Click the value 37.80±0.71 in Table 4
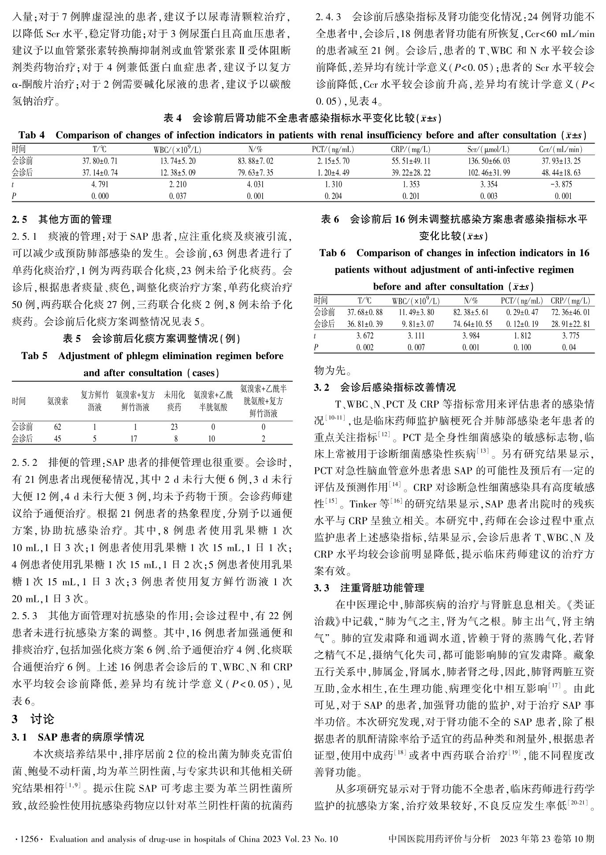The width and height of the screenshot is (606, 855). [x=100, y=161]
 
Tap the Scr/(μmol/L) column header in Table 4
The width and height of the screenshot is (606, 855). [x=488, y=150]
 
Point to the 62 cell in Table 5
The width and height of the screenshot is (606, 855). [x=57, y=427]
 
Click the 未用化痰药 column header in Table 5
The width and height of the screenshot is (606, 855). [x=174, y=401]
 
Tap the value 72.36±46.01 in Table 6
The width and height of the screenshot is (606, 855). [x=570, y=312]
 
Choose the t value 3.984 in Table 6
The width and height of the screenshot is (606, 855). [x=471, y=336]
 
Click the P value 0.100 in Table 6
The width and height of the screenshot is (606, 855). [x=522, y=348]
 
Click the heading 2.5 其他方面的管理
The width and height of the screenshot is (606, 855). [x=62, y=219]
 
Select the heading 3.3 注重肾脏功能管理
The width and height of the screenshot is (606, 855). [x=369, y=588]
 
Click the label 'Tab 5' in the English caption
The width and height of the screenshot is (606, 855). [x=34, y=356]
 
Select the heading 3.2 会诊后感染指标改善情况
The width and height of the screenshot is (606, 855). [x=385, y=387]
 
